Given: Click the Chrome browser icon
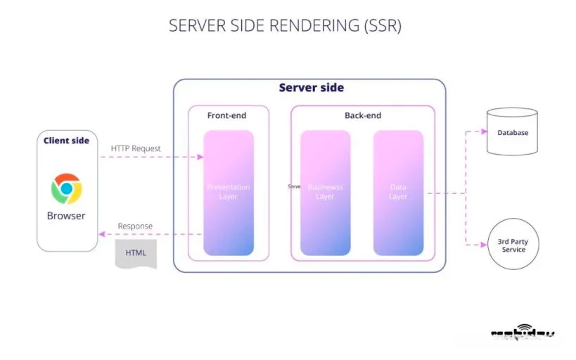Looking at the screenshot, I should coord(66,188).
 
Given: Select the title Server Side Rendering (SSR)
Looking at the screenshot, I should coord(285,26).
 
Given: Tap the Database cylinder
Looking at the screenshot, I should coord(512,132).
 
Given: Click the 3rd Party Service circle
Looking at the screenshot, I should coord(513,245).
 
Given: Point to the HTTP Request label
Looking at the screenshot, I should coord(136,148).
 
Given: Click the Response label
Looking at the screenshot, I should coord(135,226).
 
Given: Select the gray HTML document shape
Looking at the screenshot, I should coord(136,252).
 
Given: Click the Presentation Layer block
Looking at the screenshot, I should coord(228,192).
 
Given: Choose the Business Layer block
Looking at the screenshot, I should coord(325,192).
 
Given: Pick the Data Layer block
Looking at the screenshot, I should coord(398,192).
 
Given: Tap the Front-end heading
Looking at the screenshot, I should coord(226,115).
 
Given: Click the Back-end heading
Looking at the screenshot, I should coord(362,115).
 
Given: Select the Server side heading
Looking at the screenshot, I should coord(311,88).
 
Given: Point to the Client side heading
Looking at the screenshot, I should coord(66,141).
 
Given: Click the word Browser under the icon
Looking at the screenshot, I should coord(66,216).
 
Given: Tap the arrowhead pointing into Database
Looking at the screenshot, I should coord(483,131).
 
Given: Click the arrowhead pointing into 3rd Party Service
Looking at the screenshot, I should coord(483,245).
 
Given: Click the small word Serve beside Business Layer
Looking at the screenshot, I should coord(294,187).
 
